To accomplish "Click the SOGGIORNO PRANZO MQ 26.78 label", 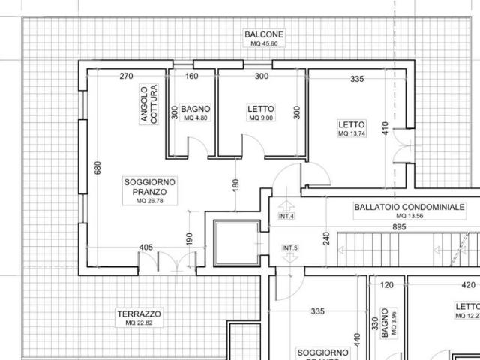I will [x=149, y=190].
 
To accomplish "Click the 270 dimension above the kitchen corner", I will [x=126, y=76].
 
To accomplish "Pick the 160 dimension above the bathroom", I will [x=191, y=76].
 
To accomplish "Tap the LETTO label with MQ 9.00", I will [x=261, y=112].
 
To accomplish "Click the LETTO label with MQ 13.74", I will [x=351, y=128].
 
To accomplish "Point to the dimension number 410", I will [x=385, y=128].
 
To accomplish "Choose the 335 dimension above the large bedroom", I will [x=357, y=78].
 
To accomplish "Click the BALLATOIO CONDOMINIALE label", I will [x=410, y=207].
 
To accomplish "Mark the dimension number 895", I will [x=399, y=226].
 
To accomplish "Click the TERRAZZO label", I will [x=139, y=313].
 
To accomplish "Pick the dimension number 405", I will [x=146, y=247].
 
